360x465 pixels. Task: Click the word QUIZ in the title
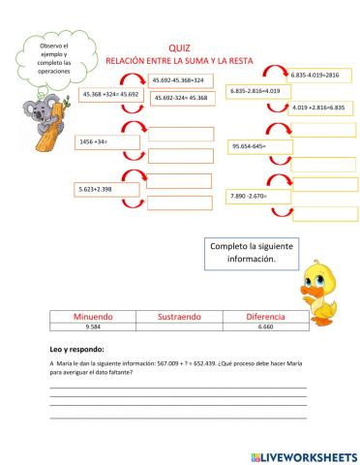pyautogui.click(x=178, y=46)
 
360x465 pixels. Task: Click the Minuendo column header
pyautogui.click(x=86, y=317)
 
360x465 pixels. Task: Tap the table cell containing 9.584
pyautogui.click(x=86, y=328)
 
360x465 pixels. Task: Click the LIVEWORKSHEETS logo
pyautogui.click(x=303, y=453)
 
